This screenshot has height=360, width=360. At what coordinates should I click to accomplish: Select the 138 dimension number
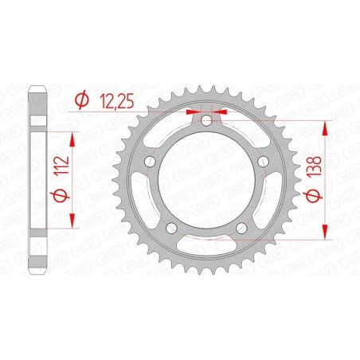[314, 179]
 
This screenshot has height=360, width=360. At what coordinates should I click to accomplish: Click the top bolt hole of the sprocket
[205, 120]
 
